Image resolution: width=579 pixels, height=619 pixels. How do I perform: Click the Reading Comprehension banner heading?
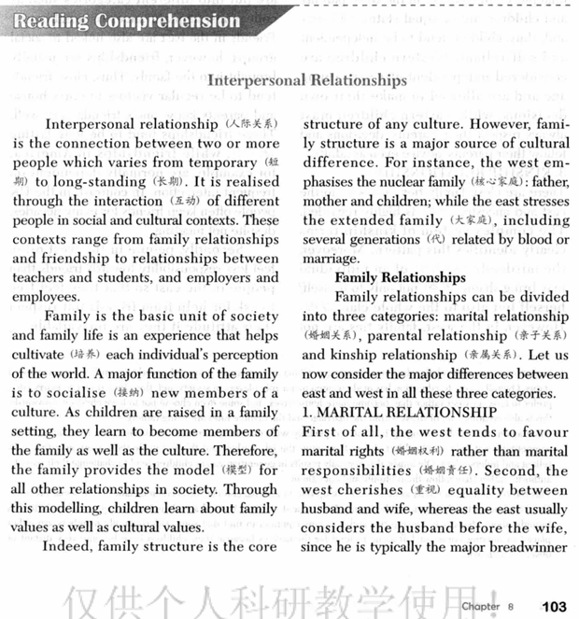[x=128, y=21]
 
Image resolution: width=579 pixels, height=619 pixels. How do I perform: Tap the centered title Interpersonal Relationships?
[x=306, y=80]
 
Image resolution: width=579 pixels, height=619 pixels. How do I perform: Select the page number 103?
[x=554, y=606]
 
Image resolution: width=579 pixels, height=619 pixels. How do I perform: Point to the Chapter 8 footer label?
[x=488, y=607]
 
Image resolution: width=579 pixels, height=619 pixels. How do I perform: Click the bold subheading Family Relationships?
[x=400, y=277]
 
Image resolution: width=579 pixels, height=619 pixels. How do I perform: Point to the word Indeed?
[x=72, y=547]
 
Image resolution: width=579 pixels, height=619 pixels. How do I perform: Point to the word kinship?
[x=353, y=356]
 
